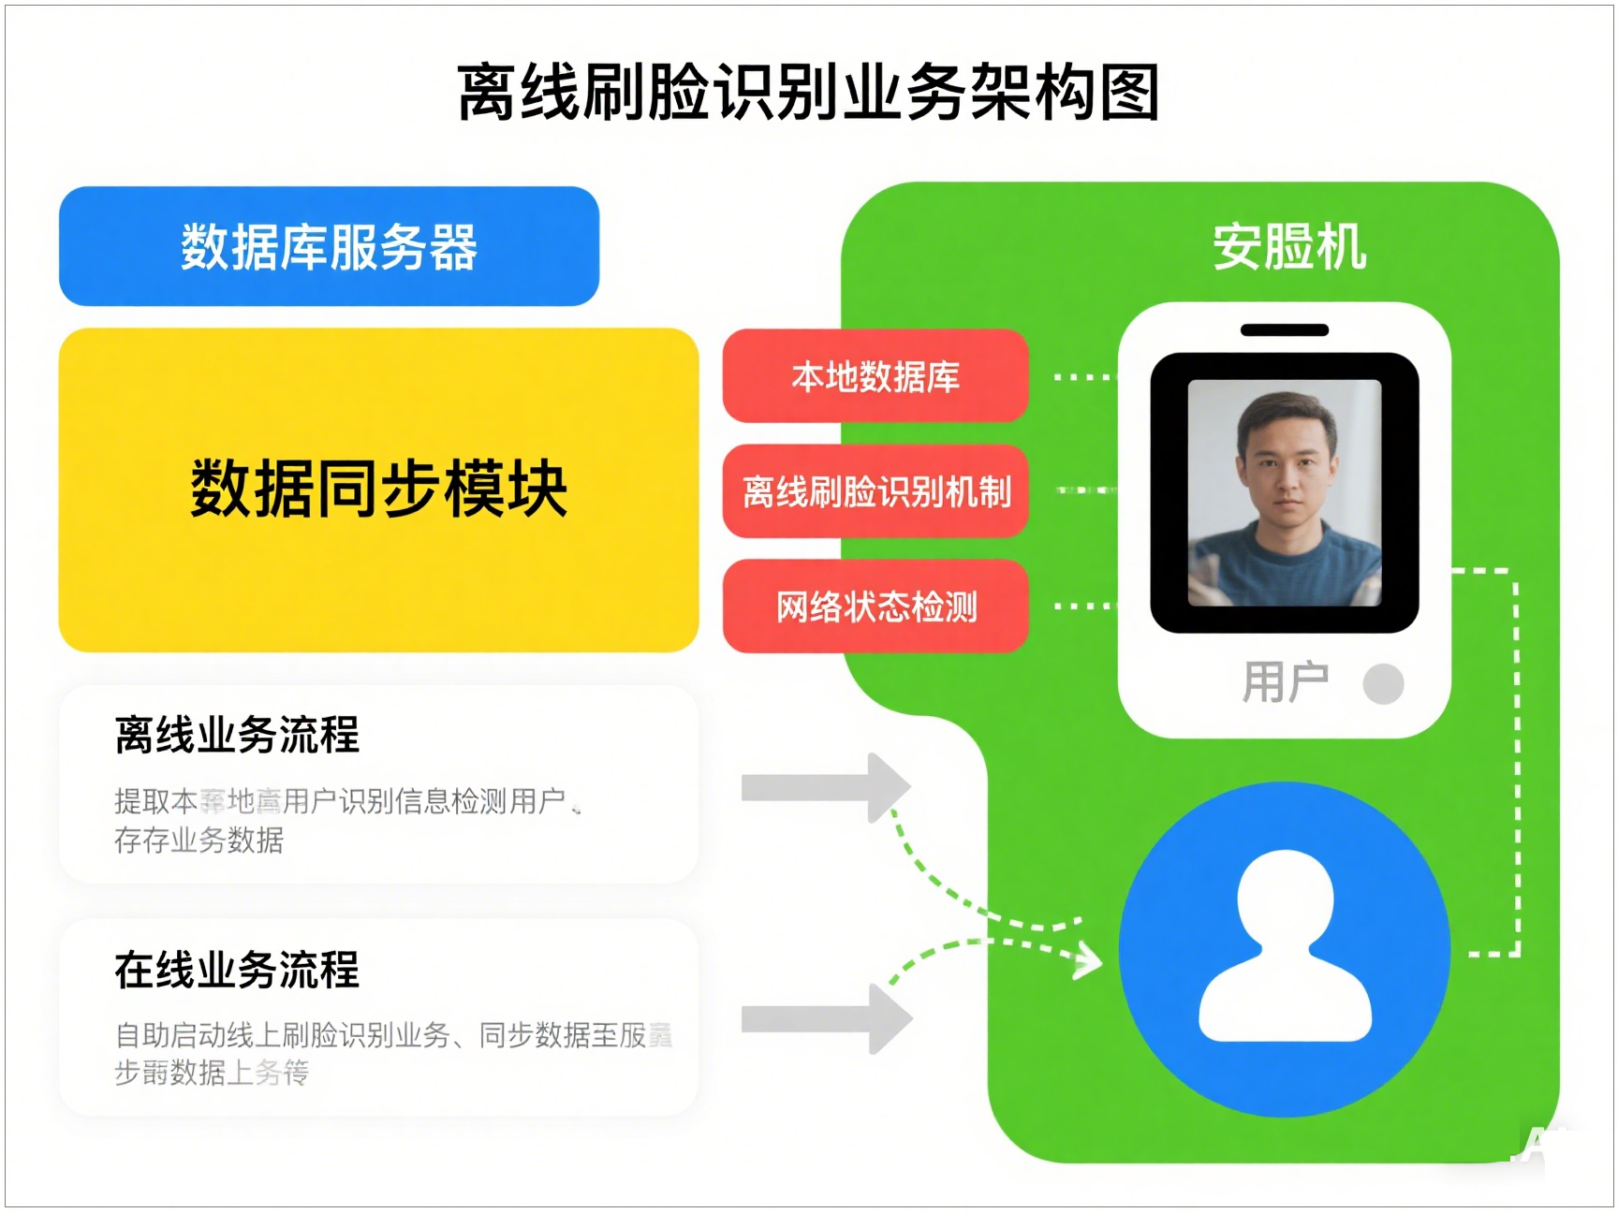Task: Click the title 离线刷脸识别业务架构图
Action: point(809,93)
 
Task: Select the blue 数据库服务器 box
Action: point(329,247)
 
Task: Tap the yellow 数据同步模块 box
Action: point(378,490)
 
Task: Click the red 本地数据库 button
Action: point(875,376)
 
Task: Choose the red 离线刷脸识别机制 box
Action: point(875,491)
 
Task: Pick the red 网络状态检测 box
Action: point(875,606)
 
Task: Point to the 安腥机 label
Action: point(1288,247)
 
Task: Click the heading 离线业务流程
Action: point(237,735)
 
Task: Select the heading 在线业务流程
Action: point(237,970)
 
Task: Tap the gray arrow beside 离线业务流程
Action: point(824,788)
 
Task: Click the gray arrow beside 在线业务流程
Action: point(824,1019)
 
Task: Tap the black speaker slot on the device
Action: point(1284,329)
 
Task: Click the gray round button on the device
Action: point(1383,683)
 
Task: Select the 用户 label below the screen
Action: point(1285,682)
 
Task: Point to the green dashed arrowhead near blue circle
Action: point(1090,959)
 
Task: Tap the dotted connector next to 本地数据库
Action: point(1082,377)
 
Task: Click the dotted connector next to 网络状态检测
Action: point(1082,606)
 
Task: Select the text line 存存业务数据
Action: point(199,840)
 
